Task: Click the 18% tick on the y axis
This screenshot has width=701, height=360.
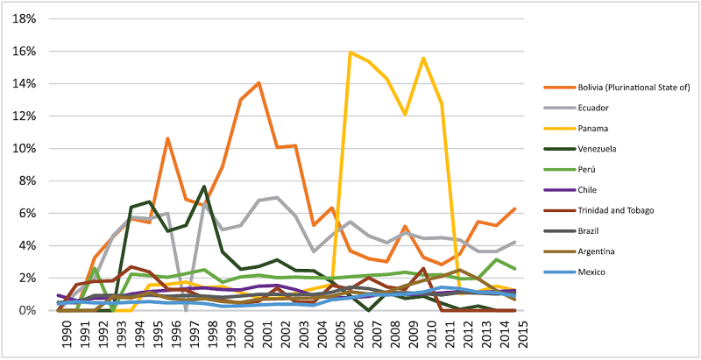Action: (x=24, y=19)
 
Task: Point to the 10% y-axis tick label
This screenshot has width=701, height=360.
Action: (x=24, y=149)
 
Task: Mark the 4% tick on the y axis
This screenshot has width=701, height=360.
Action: (x=26, y=246)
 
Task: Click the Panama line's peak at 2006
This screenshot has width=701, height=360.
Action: (x=350, y=53)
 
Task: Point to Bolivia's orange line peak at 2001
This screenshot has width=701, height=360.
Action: (x=258, y=83)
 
